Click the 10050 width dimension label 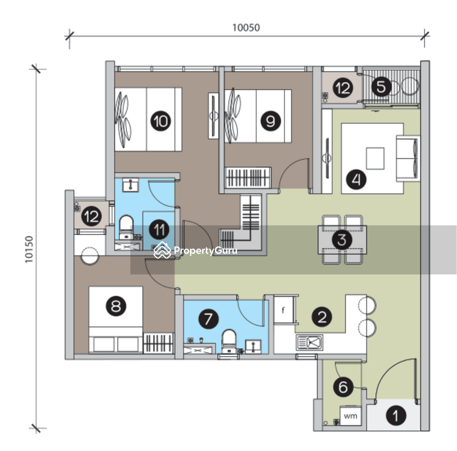click(246, 28)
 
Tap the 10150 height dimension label click(29, 249)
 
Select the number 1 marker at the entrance click(396, 416)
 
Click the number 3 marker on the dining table click(342, 240)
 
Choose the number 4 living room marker click(356, 179)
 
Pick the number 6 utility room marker click(343, 387)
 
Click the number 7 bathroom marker click(208, 319)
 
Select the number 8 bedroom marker click(116, 306)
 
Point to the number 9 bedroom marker click(271, 121)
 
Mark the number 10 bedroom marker click(161, 121)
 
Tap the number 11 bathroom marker click(159, 230)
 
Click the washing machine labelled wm click(351, 415)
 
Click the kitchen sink click(310, 342)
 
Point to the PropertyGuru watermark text click(205, 251)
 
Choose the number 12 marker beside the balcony click(343, 88)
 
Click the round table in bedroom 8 click(90, 256)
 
